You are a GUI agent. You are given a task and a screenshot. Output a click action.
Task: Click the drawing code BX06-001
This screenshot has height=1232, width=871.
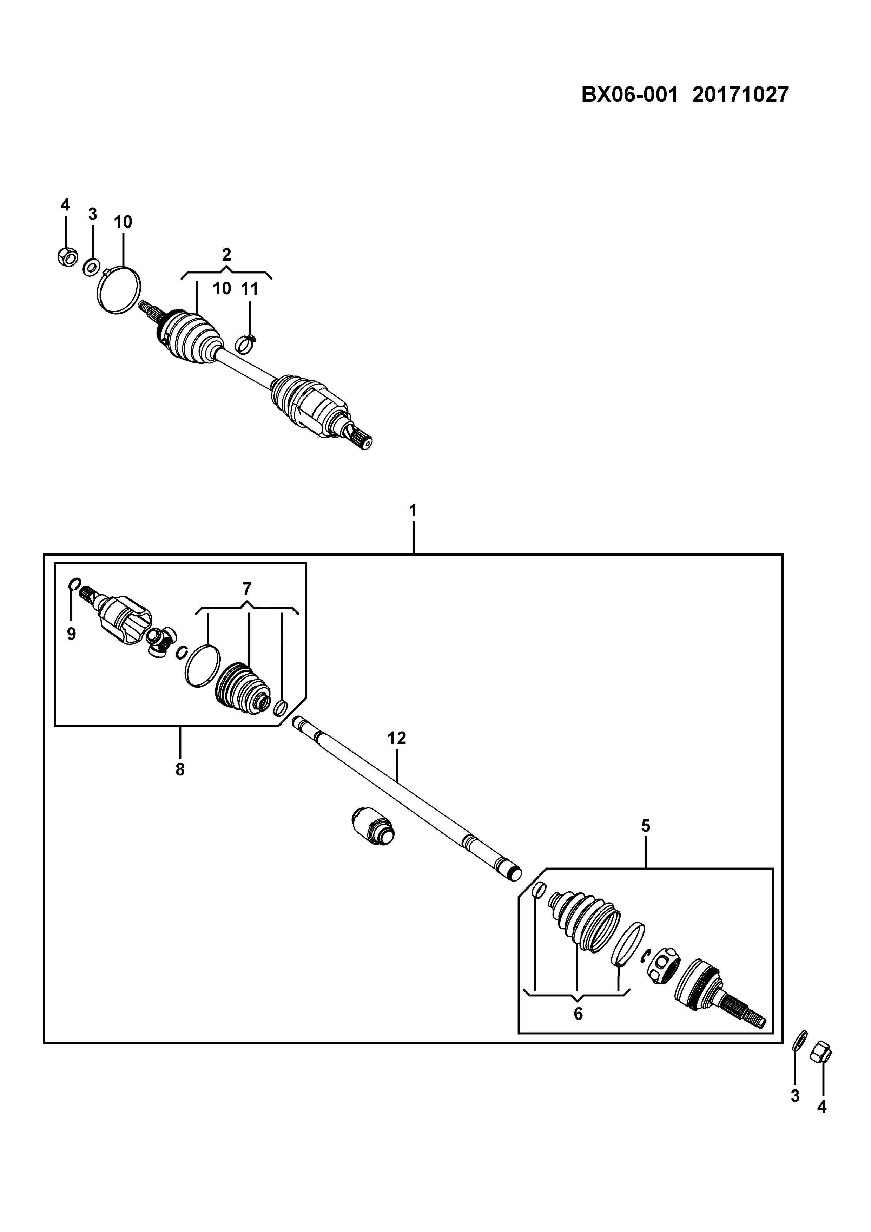pos(630,95)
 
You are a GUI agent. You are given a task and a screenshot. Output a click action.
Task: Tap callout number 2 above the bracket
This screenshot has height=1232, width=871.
pos(226,254)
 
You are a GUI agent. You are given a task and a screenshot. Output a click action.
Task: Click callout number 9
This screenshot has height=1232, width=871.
pos(71,634)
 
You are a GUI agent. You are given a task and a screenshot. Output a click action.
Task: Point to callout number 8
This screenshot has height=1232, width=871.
pos(180,769)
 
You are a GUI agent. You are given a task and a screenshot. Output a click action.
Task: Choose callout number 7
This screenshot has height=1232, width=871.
pos(247,589)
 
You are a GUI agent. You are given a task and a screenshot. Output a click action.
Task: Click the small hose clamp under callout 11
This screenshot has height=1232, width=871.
pos(246,343)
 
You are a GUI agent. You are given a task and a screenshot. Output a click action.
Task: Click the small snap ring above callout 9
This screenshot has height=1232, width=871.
pos(75,583)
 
